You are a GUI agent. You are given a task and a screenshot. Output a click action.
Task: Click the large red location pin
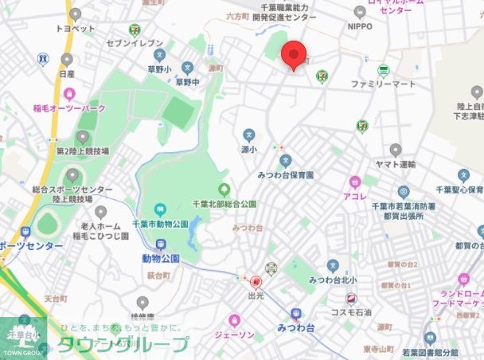(x=295, y=55)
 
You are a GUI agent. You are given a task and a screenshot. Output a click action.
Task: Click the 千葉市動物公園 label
(x=160, y=224)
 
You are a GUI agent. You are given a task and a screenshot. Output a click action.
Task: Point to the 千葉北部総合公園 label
(x=224, y=204)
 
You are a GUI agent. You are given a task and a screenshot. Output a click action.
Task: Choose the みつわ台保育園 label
(x=285, y=174)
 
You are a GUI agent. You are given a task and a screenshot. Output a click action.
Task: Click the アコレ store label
(x=354, y=196)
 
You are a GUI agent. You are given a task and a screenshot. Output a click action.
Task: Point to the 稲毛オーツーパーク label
(x=69, y=108)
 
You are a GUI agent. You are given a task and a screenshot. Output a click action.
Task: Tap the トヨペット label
(x=76, y=28)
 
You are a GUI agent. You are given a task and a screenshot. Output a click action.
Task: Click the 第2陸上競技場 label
(x=81, y=150)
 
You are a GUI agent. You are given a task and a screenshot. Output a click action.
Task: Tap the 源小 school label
(x=248, y=149)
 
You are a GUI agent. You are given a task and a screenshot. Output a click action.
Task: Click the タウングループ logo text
(x=122, y=345)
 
